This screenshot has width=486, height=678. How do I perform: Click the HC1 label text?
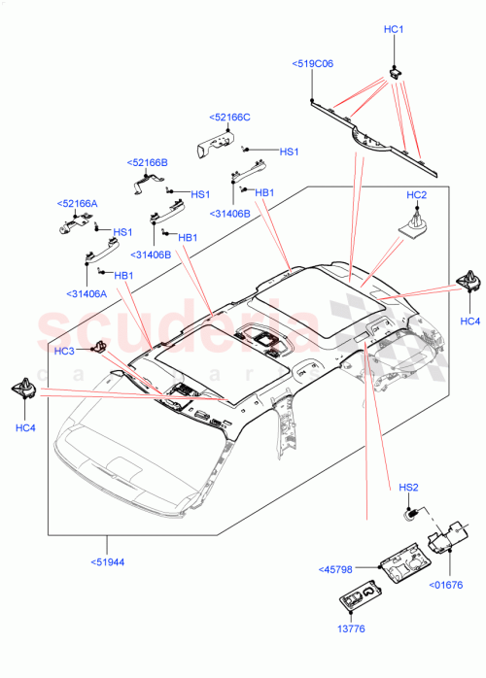[394, 30]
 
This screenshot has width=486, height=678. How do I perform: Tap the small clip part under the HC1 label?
[396, 70]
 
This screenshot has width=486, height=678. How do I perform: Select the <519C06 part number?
[312, 63]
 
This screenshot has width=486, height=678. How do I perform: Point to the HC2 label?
[416, 195]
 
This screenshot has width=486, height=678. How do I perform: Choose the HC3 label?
[64, 351]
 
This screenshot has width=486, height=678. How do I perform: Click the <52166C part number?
[230, 118]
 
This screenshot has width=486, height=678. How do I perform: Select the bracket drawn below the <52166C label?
[218, 144]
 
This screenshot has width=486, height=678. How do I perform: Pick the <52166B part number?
[148, 162]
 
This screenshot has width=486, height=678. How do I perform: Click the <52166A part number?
[78, 204]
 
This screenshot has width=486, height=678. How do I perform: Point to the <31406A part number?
[87, 294]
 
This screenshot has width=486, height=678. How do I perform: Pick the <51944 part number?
[108, 561]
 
